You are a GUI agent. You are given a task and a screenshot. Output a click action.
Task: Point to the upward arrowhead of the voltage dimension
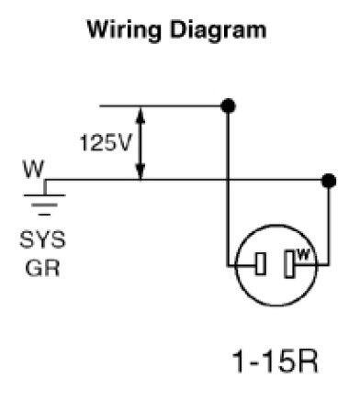point(141,113)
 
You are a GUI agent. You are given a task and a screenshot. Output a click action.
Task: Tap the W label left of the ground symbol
point(34,171)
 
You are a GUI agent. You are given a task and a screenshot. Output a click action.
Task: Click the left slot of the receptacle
point(261,266)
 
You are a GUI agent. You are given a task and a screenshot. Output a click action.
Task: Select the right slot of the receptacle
point(289,266)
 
